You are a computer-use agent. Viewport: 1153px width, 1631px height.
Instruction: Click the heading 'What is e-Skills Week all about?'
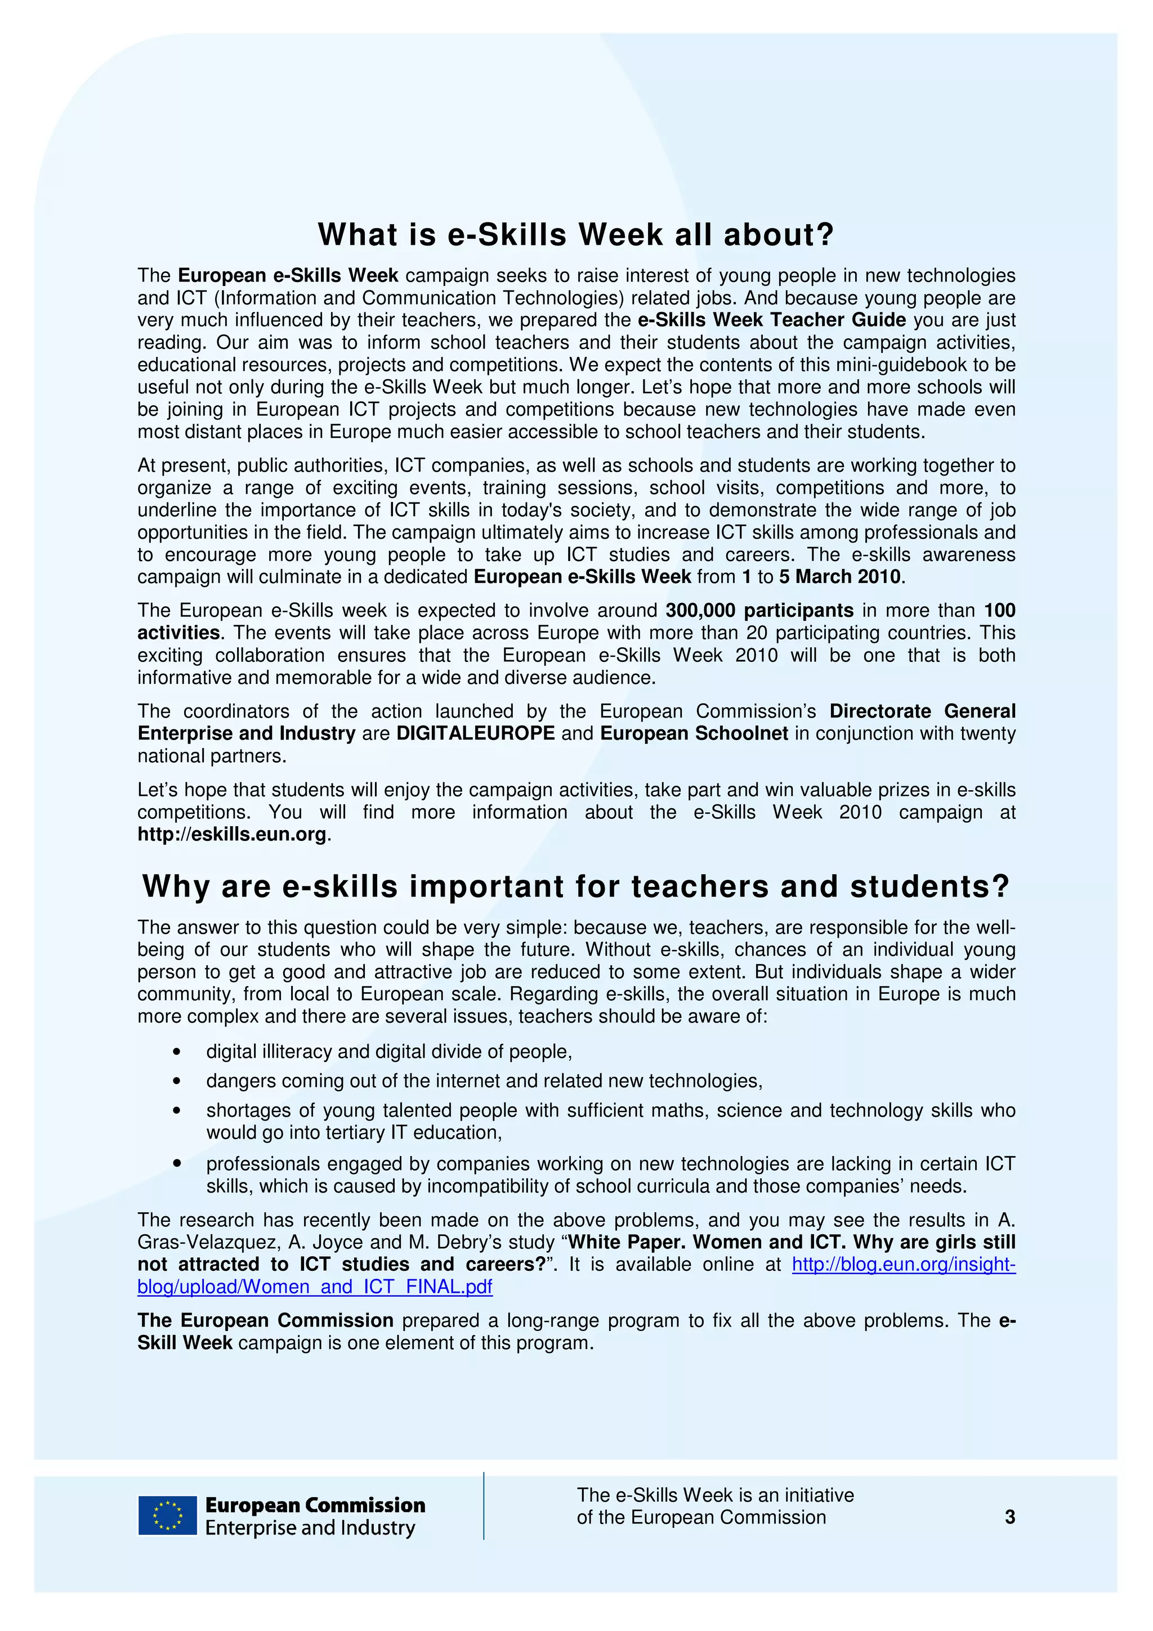575,235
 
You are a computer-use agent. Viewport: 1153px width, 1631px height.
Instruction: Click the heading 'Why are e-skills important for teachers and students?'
575,886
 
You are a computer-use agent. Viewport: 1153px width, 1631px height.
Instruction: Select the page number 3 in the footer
1009,1517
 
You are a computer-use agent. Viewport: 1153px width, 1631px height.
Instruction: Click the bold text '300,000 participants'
759,610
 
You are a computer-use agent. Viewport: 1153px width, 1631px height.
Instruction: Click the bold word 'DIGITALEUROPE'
475,733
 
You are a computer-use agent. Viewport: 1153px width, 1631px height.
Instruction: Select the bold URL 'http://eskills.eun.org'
231,834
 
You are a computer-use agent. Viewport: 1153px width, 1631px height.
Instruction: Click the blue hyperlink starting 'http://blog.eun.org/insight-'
903,1265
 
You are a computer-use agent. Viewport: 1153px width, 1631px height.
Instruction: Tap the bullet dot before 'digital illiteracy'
177,1052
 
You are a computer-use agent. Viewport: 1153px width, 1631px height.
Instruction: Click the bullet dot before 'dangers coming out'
177,1081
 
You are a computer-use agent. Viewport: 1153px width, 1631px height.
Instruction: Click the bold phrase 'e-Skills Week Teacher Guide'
771,320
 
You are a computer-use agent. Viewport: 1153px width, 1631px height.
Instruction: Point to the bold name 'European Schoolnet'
694,733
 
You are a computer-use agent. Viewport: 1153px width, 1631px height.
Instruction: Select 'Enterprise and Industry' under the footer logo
310,1527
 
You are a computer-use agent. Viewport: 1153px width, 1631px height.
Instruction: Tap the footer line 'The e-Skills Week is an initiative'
714,1495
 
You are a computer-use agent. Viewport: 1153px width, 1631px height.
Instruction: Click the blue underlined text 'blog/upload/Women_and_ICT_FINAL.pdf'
315,1287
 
